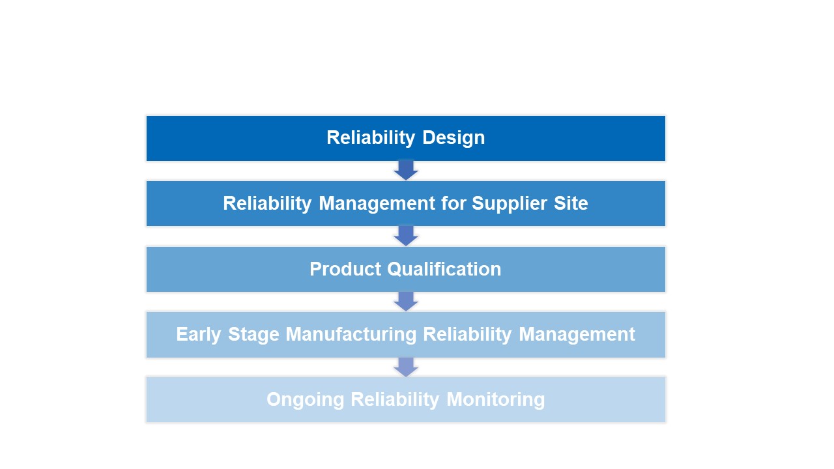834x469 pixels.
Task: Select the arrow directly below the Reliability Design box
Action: pos(406,170)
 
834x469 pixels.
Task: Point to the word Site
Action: pos(570,203)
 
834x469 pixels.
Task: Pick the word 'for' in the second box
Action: pos(453,203)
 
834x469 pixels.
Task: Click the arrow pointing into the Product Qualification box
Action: pos(406,236)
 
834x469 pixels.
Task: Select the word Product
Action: pos(345,269)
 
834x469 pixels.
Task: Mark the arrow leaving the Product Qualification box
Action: pos(406,301)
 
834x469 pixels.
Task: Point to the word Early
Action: pos(199,334)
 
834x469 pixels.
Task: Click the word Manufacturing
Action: pos(351,334)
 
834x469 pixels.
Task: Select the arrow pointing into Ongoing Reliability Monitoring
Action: pos(406,366)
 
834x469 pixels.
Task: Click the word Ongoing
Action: pos(306,399)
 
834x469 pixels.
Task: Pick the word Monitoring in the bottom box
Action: pos(495,399)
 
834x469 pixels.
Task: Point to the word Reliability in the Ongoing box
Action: pos(395,399)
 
